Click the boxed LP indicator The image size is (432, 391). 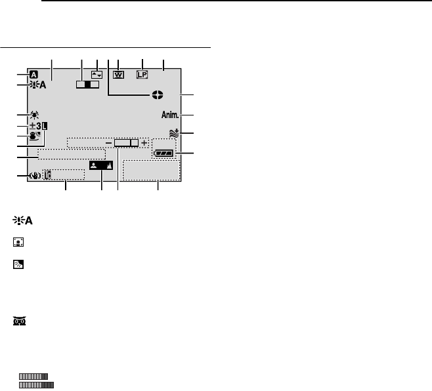[142, 75]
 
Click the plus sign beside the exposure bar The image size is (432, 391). [144, 142]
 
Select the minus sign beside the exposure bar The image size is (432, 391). [108, 142]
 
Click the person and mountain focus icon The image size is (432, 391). [101, 166]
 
